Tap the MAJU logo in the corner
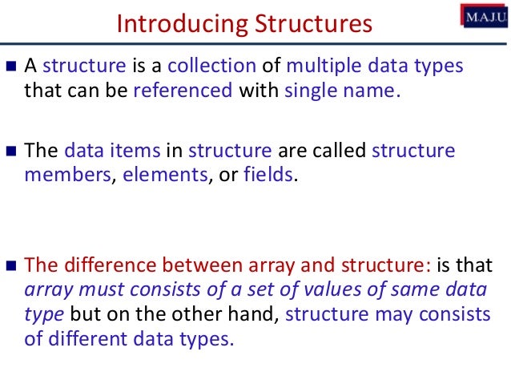tap(483, 14)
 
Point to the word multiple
tap(321, 67)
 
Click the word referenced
tap(182, 90)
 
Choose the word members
tap(66, 174)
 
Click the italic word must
tap(91, 290)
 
